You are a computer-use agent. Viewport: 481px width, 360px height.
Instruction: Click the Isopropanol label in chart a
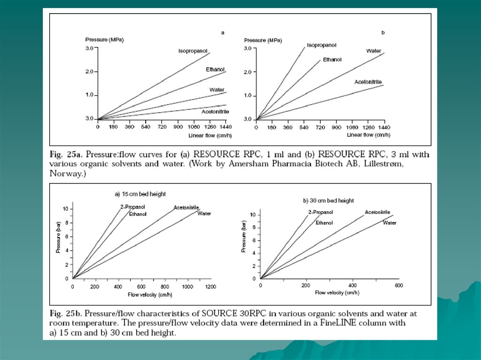coord(191,50)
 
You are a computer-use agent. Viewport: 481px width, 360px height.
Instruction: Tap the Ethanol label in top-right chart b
coord(332,60)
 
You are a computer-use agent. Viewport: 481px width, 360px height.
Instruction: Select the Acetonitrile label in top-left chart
coord(215,111)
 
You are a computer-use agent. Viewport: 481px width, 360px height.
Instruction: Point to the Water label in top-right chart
coord(373,51)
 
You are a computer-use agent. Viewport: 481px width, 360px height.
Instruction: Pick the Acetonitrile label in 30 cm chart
coord(377,212)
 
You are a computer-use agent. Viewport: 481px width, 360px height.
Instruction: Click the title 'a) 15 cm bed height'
coord(140,194)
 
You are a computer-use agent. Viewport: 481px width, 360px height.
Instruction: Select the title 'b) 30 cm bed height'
coord(328,200)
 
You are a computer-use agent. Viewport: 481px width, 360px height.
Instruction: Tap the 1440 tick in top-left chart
coord(226,127)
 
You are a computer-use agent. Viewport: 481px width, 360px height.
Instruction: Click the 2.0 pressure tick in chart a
coord(90,72)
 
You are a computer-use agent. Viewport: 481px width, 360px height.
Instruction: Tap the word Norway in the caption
coord(65,173)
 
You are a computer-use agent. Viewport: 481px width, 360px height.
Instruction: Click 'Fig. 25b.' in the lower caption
coord(65,313)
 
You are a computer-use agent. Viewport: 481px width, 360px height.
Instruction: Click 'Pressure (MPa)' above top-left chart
coord(104,40)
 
